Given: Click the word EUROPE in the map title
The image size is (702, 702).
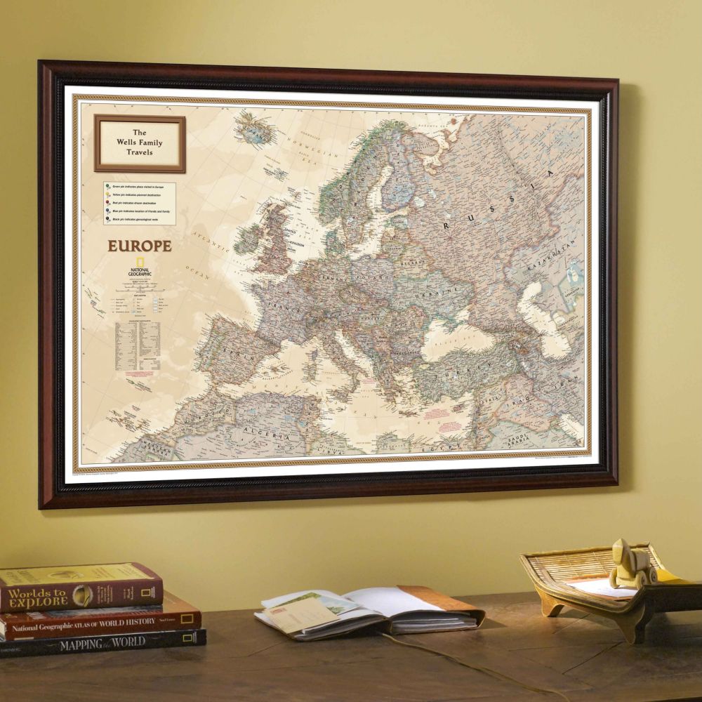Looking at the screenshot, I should coord(139,246).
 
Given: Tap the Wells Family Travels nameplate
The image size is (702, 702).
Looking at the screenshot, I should coord(140,143).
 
